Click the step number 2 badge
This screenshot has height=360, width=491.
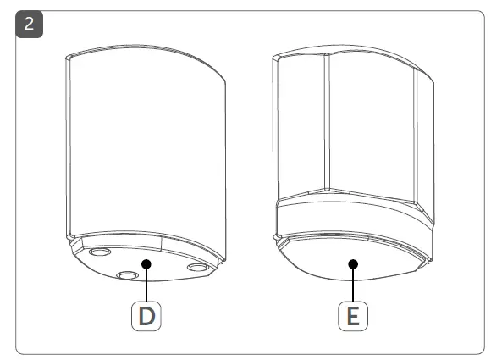pyautogui.click(x=30, y=24)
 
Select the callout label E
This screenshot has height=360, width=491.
pyautogui.click(x=353, y=316)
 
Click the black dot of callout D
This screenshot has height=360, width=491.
pyautogui.click(x=147, y=263)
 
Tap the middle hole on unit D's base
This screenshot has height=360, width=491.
pyautogui.click(x=127, y=275)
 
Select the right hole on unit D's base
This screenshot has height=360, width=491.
pyautogui.click(x=197, y=268)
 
